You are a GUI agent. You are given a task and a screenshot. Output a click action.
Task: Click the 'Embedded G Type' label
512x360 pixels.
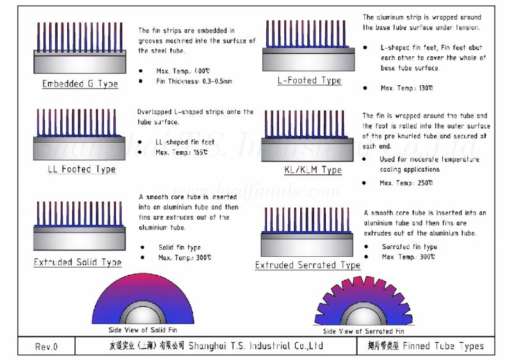pyautogui.click(x=80, y=84)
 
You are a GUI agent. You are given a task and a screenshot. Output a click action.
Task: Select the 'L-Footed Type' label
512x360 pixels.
pyautogui.click(x=309, y=81)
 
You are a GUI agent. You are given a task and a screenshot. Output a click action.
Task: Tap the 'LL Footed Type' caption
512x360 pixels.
pyautogui.click(x=81, y=170)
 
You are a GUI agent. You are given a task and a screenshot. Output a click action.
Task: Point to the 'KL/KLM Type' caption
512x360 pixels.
pyautogui.click(x=313, y=170)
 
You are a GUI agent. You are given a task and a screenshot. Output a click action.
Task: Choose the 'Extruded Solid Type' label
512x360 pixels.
pyautogui.click(x=77, y=263)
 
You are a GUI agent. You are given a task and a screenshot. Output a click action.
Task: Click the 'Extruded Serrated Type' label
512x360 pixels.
pyautogui.click(x=307, y=265)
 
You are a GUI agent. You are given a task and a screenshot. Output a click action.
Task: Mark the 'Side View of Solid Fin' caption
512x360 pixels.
pyautogui.click(x=143, y=330)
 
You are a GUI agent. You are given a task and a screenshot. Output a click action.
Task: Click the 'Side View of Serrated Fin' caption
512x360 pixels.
pyautogui.click(x=364, y=331)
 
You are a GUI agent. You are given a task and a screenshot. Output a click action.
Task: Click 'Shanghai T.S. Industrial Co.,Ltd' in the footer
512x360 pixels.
pyautogui.click(x=256, y=347)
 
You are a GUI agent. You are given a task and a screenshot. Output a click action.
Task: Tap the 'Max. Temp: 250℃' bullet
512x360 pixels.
pyautogui.click(x=406, y=183)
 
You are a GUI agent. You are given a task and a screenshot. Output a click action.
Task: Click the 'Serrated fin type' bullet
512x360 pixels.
pyautogui.click(x=410, y=247)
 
